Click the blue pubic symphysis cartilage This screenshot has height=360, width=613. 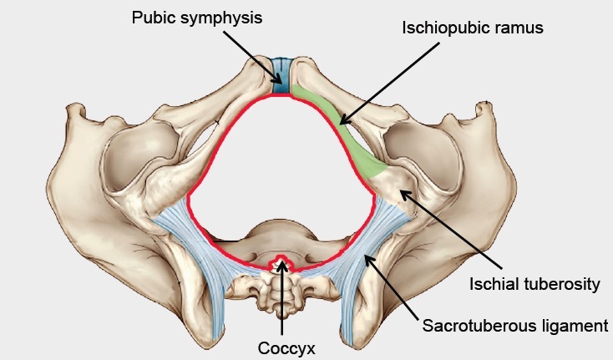(x=284, y=74)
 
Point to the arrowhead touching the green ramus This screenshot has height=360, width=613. (x=342, y=124)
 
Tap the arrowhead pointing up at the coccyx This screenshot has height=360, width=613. (x=284, y=266)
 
